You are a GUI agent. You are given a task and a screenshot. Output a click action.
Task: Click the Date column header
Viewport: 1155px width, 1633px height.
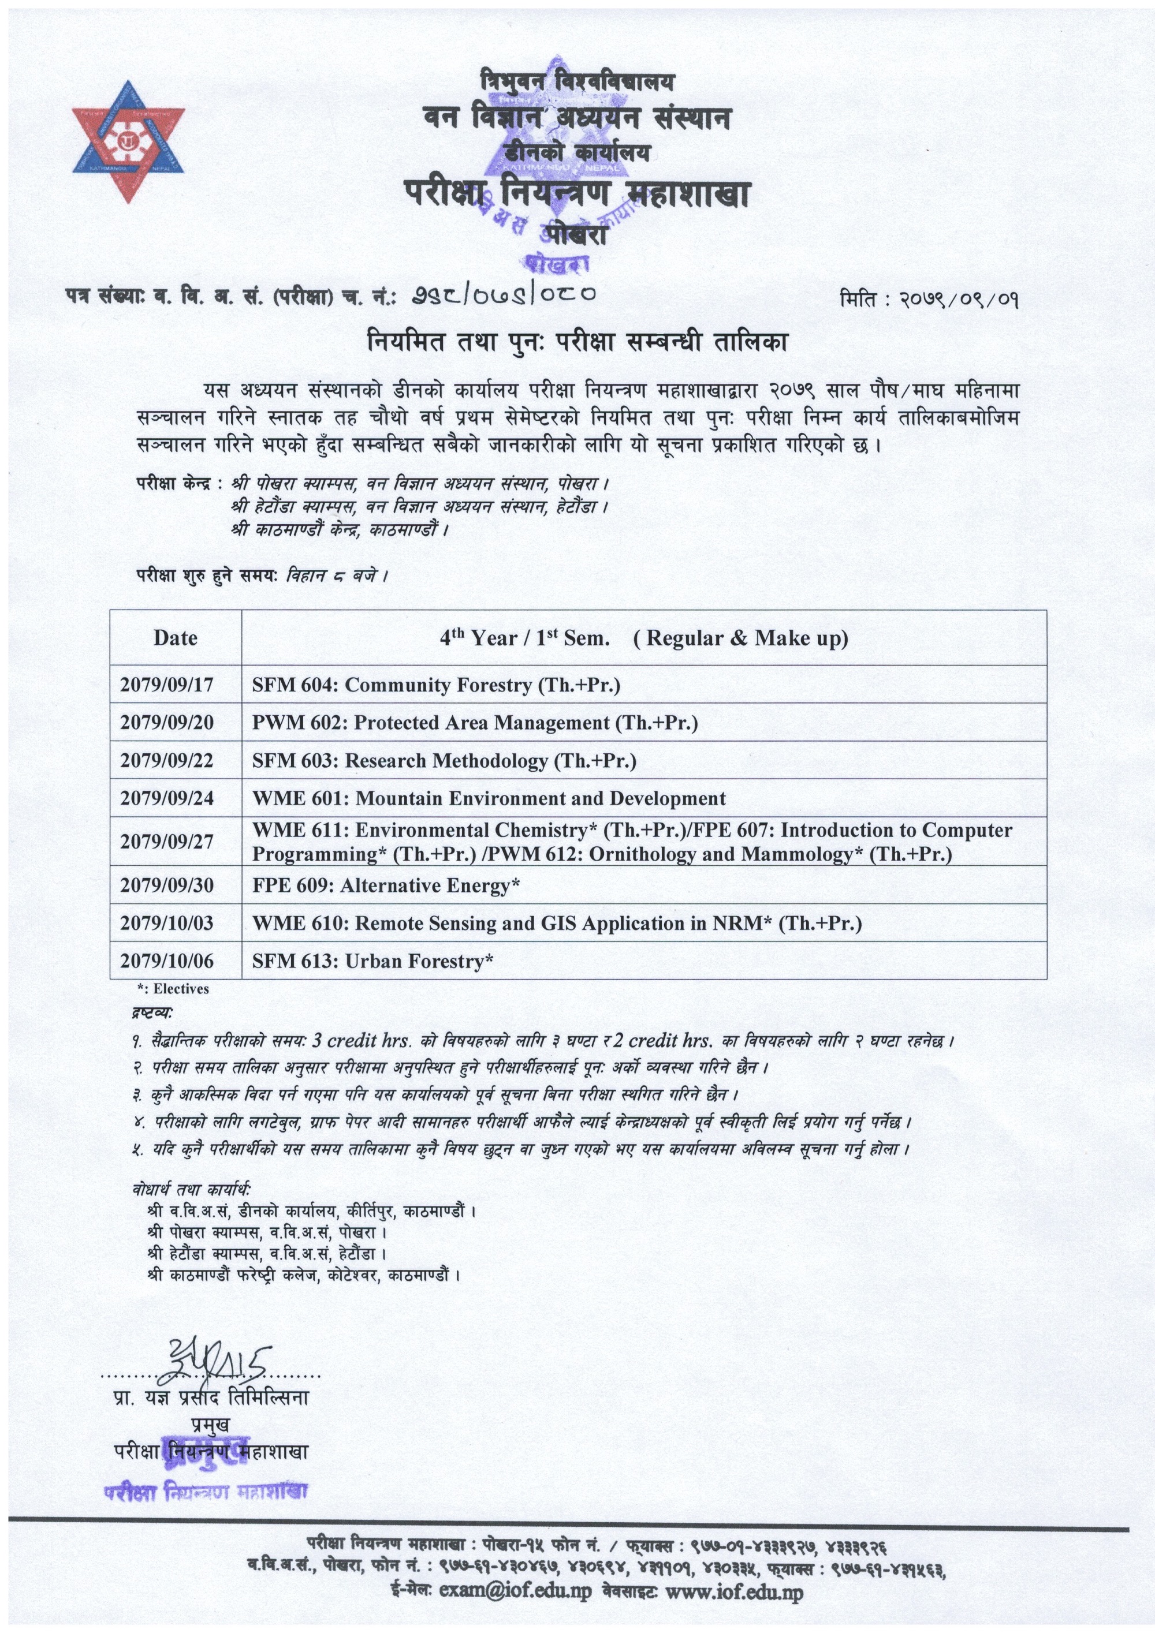[175, 638]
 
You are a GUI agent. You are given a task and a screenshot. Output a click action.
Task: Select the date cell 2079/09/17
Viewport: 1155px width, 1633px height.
[166, 685]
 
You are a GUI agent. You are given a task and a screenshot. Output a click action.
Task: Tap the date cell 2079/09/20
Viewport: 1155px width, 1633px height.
[166, 723]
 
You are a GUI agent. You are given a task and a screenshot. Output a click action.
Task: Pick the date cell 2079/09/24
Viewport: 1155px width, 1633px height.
[166, 798]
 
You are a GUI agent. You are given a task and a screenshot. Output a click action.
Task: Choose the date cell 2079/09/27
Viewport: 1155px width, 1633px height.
[166, 842]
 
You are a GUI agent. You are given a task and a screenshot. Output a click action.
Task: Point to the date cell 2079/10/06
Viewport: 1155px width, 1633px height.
[166, 961]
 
